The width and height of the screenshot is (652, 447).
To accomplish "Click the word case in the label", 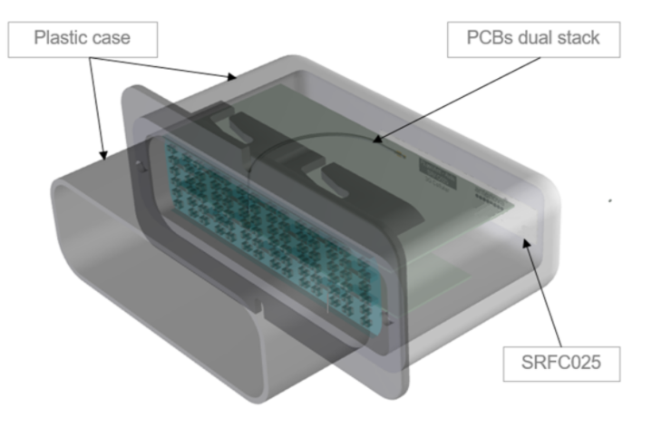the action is pos(111,38).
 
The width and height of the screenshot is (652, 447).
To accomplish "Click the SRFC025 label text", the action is pos(561,363).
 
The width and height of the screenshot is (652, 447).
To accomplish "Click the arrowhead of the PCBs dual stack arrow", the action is pos(376,139).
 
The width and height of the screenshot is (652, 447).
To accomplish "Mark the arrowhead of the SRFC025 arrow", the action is pos(527,243).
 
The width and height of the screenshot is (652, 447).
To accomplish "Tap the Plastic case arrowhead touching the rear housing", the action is pos(231,76).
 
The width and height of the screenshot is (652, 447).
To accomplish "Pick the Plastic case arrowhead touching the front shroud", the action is pos(103,155).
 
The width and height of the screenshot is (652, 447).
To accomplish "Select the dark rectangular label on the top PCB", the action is pos(437,174).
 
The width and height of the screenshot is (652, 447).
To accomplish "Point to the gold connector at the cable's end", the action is pos(400,155).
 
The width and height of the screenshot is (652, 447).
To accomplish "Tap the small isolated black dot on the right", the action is pos(610,201).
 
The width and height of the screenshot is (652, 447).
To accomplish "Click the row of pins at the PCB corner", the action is pos(491,197).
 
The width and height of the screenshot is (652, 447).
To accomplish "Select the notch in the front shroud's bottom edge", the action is pos(259,306).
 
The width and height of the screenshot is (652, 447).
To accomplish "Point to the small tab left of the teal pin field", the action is pos(141,167).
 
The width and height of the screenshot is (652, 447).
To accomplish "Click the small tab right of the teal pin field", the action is pos(388,318).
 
